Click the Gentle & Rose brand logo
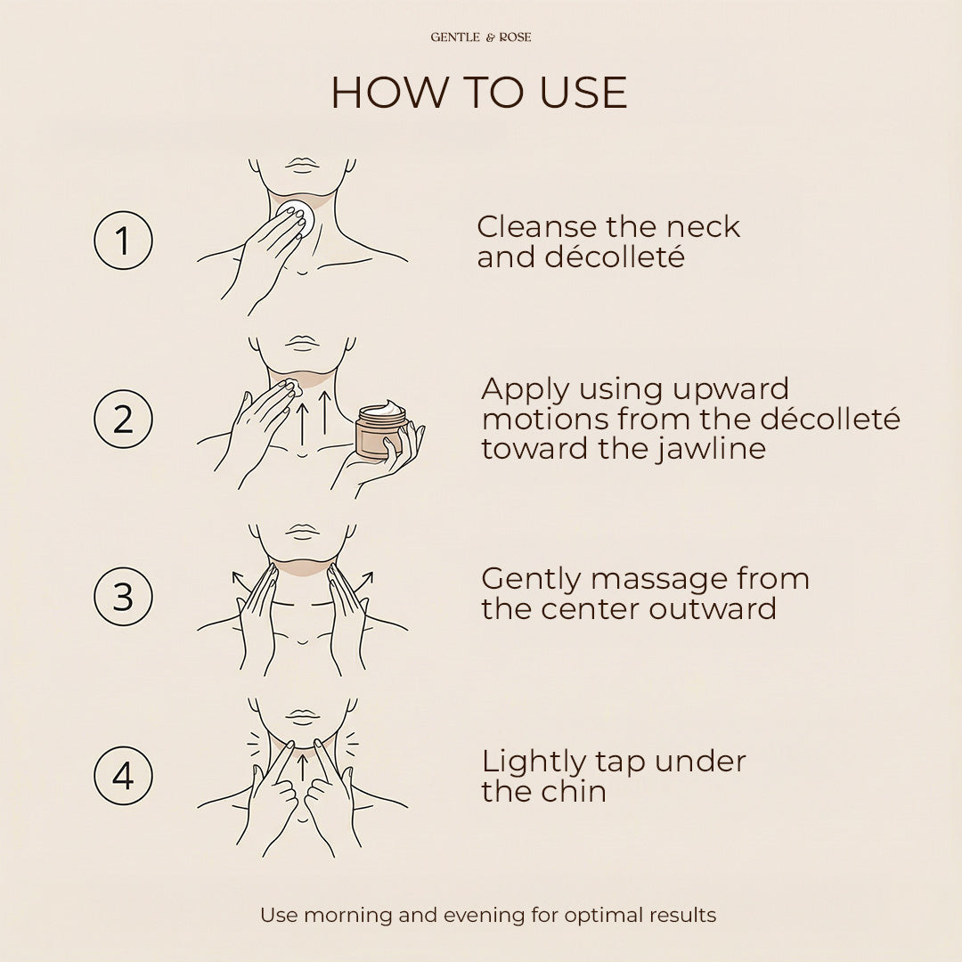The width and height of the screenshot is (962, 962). (x=481, y=37)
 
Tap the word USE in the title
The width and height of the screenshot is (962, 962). (x=583, y=93)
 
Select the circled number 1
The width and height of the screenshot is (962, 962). (x=123, y=240)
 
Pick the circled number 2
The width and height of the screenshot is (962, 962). (x=123, y=419)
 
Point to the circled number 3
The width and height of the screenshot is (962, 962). (x=123, y=596)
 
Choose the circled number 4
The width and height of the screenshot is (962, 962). (x=123, y=776)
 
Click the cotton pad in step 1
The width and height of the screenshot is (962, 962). (x=296, y=216)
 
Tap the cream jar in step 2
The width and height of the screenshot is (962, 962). (x=381, y=430)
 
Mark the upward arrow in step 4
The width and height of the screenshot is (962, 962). (x=302, y=768)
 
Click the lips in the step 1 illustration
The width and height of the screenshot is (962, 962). (x=302, y=164)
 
